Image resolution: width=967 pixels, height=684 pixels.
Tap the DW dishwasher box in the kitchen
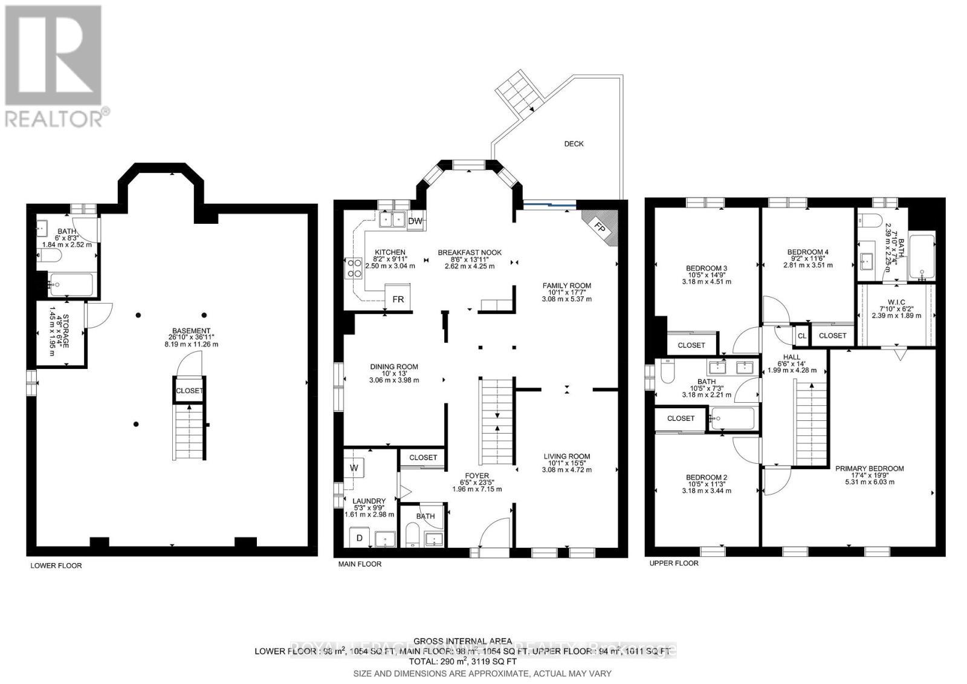pyautogui.click(x=415, y=221)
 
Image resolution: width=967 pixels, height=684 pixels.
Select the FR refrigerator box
pyautogui.click(x=398, y=299)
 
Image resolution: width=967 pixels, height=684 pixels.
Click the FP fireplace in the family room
pyautogui.click(x=601, y=227)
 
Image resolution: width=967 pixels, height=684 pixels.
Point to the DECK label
pyautogui.click(x=574, y=144)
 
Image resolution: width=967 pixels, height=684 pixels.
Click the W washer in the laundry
pyautogui.click(x=354, y=467)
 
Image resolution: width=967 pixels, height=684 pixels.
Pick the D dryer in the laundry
pyautogui.click(x=358, y=538)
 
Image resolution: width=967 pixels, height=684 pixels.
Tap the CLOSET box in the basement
pyautogui.click(x=189, y=391)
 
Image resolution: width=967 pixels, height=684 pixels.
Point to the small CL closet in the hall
pyautogui.click(x=801, y=336)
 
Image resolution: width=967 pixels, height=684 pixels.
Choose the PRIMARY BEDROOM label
pyautogui.click(x=869, y=469)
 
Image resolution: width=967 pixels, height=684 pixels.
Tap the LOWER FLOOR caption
pyautogui.click(x=56, y=566)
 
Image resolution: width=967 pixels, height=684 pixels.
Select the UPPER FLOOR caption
pyautogui.click(x=673, y=564)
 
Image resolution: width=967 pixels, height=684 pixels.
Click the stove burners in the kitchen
pyautogui.click(x=351, y=268)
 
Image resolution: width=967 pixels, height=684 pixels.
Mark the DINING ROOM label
pyautogui.click(x=393, y=367)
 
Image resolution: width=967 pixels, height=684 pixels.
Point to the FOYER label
pyautogui.click(x=477, y=476)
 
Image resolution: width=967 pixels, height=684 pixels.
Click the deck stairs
pyautogui.click(x=518, y=91)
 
